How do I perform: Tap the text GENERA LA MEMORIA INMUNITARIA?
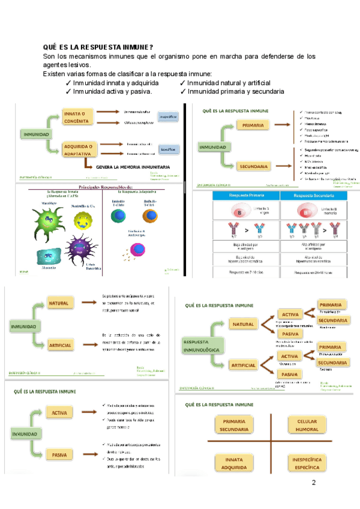(133, 167)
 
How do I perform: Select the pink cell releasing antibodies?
(140, 247)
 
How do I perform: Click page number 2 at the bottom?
(313, 484)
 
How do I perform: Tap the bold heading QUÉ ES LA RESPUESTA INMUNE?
(98, 47)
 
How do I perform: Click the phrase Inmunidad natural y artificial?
(229, 83)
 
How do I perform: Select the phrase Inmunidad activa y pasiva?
(112, 92)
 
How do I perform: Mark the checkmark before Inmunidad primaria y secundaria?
(183, 92)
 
